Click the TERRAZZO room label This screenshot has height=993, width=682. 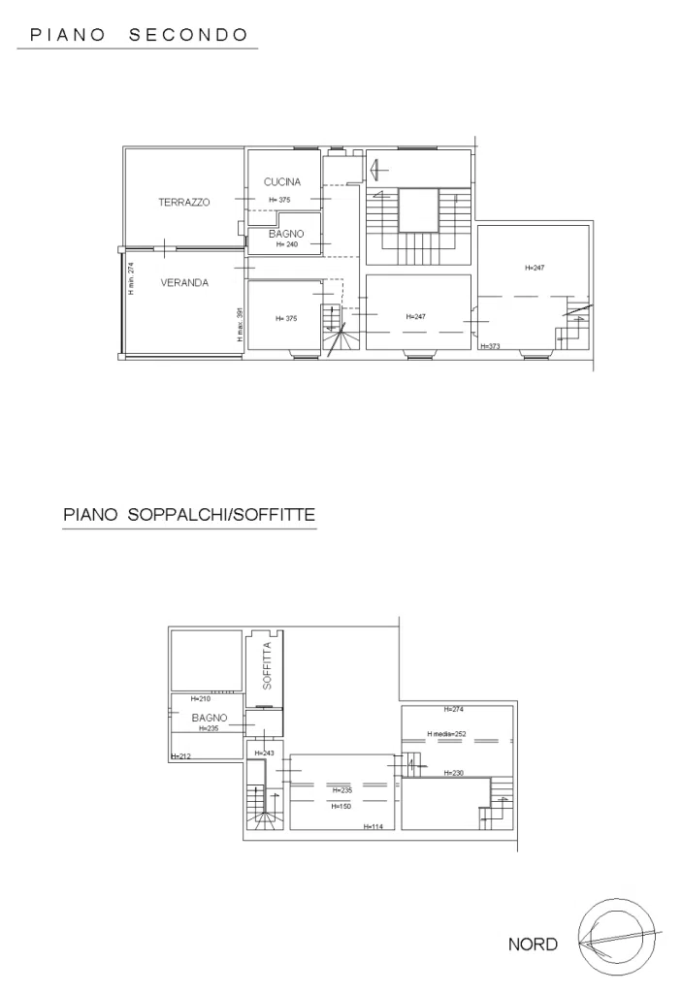(183, 203)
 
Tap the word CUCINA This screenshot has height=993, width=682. (282, 181)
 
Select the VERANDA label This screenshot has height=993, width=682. (184, 283)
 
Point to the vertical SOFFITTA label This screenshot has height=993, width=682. (267, 665)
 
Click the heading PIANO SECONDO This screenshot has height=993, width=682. (139, 35)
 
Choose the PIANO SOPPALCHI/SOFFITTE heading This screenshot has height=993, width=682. (189, 514)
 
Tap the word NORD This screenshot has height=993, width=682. (533, 945)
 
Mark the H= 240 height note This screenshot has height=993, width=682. (286, 244)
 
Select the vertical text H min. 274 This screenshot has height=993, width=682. (131, 278)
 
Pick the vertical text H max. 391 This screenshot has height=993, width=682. (240, 325)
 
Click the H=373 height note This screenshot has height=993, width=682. (490, 346)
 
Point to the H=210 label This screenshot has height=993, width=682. (200, 699)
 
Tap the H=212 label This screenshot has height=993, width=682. (180, 756)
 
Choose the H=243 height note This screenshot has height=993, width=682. (264, 753)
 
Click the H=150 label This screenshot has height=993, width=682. (341, 807)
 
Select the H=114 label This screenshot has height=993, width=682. (373, 826)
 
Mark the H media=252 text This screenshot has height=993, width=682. (446, 734)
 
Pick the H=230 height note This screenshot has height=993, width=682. (454, 773)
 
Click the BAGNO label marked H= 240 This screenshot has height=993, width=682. (286, 235)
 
